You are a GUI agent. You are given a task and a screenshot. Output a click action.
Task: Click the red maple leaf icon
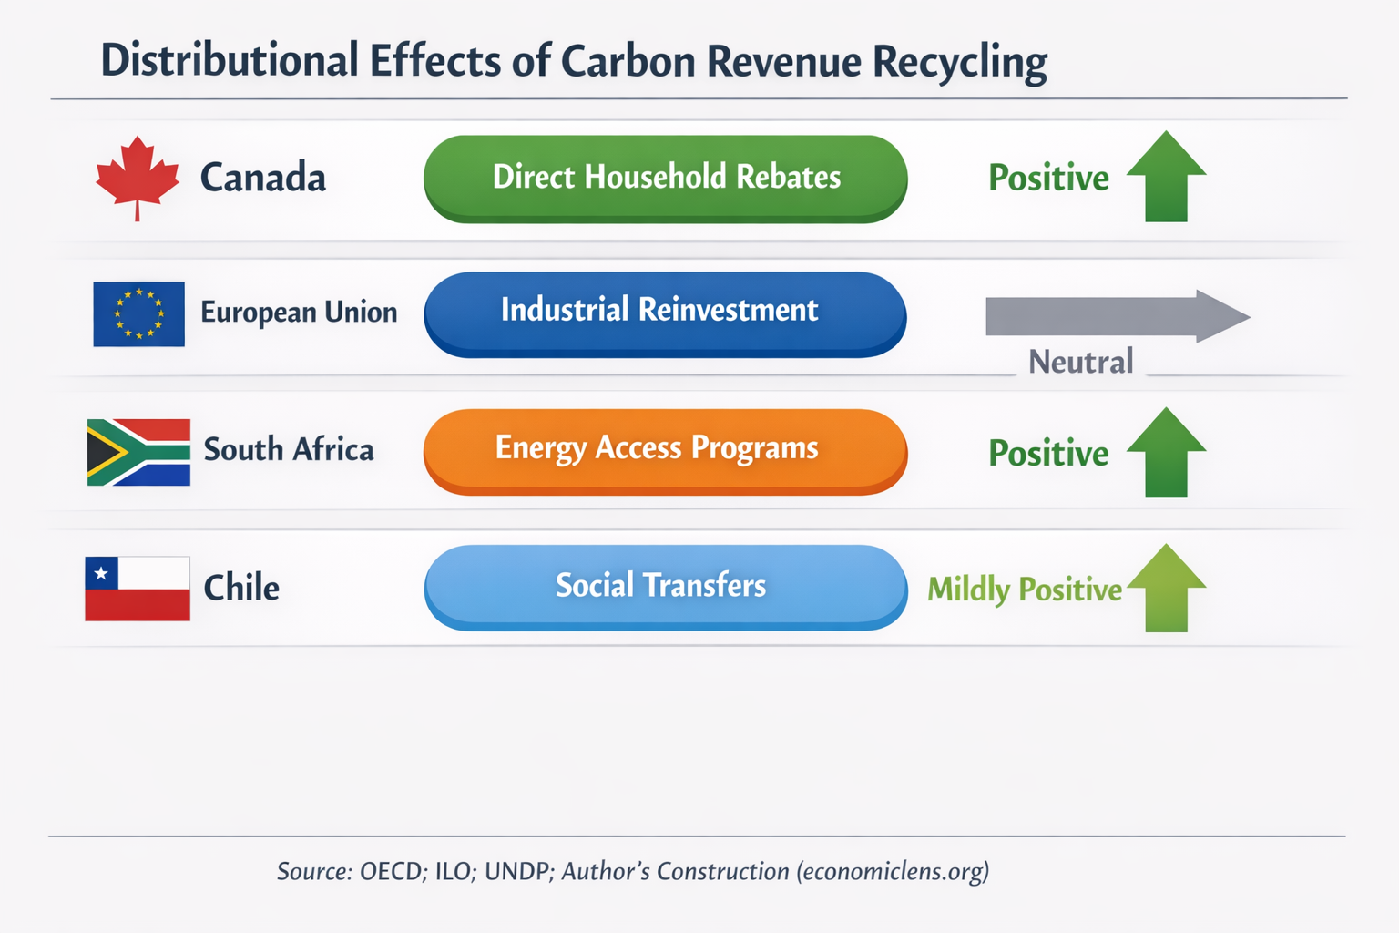coord(138,175)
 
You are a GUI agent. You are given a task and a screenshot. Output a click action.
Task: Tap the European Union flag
coord(138,313)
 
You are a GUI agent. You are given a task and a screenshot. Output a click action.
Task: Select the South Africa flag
coord(138,452)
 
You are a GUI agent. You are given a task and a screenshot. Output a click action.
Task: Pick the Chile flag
coord(138,589)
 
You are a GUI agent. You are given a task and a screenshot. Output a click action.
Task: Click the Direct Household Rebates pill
coord(665,178)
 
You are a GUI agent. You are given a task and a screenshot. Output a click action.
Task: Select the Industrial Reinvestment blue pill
coord(665,313)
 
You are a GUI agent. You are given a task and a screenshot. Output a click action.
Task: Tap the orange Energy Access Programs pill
coord(665,450)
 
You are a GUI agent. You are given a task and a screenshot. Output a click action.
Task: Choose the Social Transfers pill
coord(665,586)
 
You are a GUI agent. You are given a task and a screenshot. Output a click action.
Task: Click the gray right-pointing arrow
coord(1117,316)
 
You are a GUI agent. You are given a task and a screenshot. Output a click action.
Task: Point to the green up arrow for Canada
coord(1167,177)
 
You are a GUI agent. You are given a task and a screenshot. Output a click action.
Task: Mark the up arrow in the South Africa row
coord(1167,453)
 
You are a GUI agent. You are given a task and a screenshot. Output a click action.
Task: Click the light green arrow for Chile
coord(1167,589)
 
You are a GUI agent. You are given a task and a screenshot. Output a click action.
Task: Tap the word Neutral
coord(1081,362)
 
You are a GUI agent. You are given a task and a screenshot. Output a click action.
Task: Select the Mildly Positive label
coord(1024,590)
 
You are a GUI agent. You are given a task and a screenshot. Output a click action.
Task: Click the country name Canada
coord(262,178)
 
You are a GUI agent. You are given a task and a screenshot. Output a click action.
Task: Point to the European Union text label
coord(299,313)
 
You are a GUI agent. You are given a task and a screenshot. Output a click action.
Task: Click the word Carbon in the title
coord(628,61)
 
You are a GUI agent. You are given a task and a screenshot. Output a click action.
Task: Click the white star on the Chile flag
coord(101,573)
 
